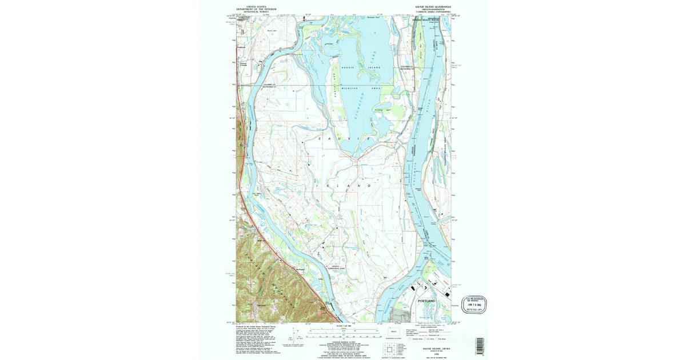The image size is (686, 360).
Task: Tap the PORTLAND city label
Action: pyautogui.click(x=426, y=301)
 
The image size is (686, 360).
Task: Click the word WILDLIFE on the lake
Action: pyautogui.click(x=349, y=89)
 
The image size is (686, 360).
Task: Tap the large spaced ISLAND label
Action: pyautogui.click(x=343, y=186)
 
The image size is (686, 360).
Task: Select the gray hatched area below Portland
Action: pyautogui.click(x=401, y=315)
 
